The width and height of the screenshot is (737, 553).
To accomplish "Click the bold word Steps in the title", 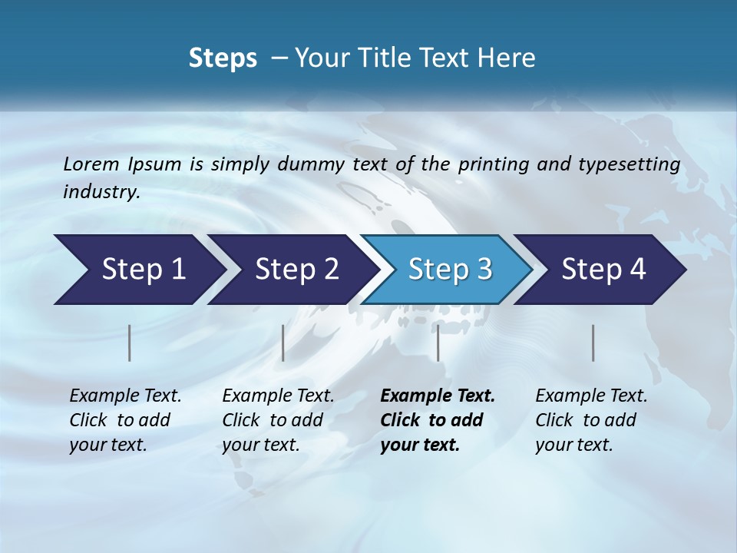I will coord(223,58).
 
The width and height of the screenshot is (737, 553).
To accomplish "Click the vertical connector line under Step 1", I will coord(129,343).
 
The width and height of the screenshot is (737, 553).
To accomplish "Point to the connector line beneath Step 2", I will coord(283,343).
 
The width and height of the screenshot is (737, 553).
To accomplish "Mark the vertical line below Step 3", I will coord(438,343).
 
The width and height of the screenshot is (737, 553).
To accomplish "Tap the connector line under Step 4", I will coord(593,343).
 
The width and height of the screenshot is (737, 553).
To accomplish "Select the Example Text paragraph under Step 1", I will coord(125,420).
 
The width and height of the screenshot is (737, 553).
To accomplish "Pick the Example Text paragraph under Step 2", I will coord(278,420).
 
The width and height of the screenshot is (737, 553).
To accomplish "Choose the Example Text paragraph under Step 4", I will coord(591,420).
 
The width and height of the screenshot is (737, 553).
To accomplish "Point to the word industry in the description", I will coord(101,192).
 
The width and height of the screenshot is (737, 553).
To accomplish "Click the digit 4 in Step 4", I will coord(636,270).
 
